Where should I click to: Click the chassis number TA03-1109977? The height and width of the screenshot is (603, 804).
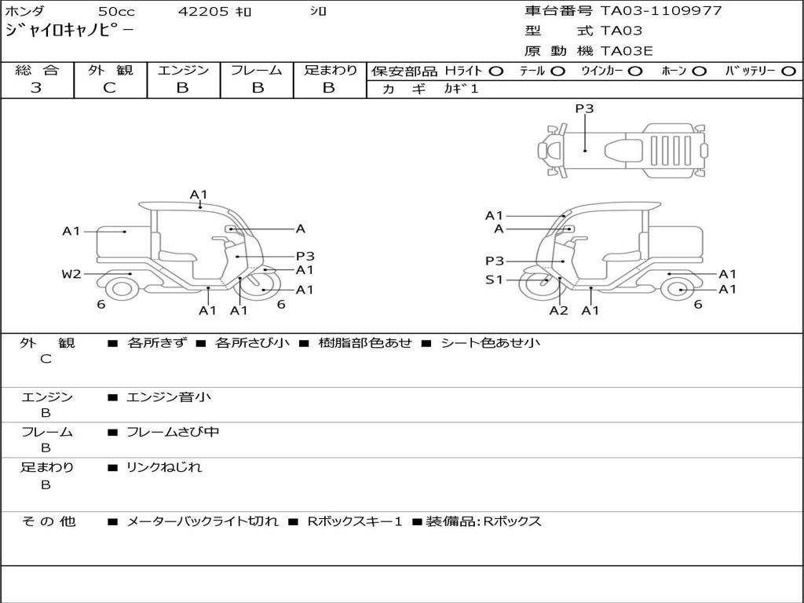(x=661, y=11)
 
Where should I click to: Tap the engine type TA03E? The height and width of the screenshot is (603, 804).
(x=626, y=51)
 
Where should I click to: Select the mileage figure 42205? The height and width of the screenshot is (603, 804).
(x=203, y=11)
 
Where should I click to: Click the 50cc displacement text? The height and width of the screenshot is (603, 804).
(x=117, y=11)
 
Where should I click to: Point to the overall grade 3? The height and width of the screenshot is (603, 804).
(x=36, y=87)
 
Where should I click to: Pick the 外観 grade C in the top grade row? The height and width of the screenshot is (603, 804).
(x=110, y=87)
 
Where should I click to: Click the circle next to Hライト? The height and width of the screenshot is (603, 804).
(x=496, y=71)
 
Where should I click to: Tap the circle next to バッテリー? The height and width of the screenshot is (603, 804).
(x=788, y=71)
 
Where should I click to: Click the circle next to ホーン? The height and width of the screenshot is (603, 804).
(x=699, y=71)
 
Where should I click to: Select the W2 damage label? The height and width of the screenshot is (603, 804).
(x=71, y=274)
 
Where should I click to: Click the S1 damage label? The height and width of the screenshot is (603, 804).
(x=494, y=280)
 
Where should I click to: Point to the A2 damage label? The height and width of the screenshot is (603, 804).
(x=558, y=310)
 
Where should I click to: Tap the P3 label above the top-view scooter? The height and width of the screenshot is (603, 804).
(x=584, y=108)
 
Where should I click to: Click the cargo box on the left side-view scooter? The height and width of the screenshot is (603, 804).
(x=122, y=242)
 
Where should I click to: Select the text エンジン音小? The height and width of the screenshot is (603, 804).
(x=168, y=397)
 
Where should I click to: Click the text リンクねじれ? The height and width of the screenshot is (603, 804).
(x=164, y=467)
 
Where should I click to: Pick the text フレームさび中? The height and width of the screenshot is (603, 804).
(x=173, y=432)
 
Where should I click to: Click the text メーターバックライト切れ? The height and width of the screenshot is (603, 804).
(x=203, y=521)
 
